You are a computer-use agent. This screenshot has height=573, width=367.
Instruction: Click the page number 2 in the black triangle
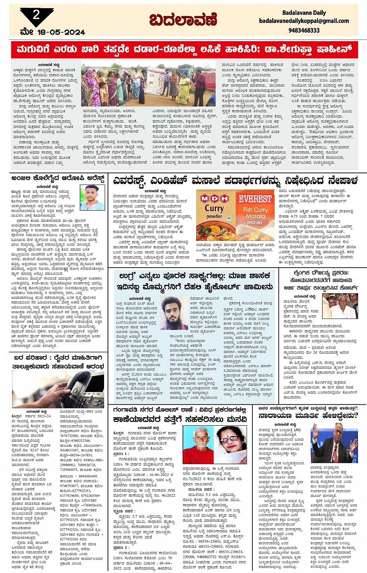[36, 15]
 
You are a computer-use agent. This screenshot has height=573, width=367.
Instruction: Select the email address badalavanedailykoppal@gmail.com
[304, 21]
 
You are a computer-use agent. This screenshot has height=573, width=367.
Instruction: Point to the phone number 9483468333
[304, 30]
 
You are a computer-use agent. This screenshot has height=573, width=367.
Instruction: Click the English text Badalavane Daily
[304, 13]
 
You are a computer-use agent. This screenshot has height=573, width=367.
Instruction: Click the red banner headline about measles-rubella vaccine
[184, 50]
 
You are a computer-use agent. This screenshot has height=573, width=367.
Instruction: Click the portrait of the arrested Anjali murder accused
[92, 198]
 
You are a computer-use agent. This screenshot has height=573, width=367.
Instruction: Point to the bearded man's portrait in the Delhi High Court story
[174, 313]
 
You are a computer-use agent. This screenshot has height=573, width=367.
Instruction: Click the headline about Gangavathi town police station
[180, 414]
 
